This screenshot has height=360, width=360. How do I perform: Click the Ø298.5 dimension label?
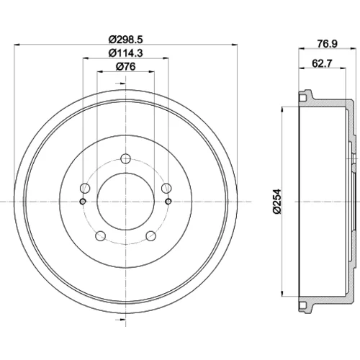click(125, 39)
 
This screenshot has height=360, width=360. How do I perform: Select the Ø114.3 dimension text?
click(125, 53)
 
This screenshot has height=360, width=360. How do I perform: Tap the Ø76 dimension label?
click(125, 66)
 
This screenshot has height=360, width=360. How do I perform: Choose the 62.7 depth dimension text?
click(322, 63)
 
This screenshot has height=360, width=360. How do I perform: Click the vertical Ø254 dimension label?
click(276, 202)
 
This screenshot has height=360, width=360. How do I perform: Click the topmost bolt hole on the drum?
click(125, 158)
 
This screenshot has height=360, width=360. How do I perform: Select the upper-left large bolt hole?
click(85, 188)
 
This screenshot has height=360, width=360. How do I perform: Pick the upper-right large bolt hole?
click(166, 188)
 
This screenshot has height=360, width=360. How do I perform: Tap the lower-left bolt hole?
click(101, 236)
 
